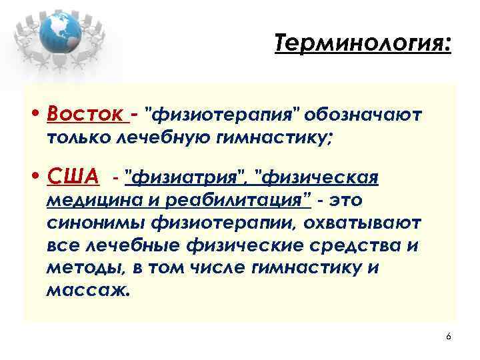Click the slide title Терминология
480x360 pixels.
click(363, 46)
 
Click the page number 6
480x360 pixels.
click(448, 337)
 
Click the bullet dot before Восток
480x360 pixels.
click(37, 115)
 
